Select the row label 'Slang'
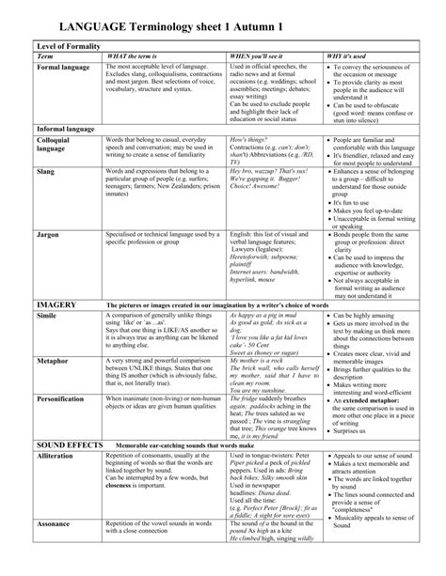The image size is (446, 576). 46,173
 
